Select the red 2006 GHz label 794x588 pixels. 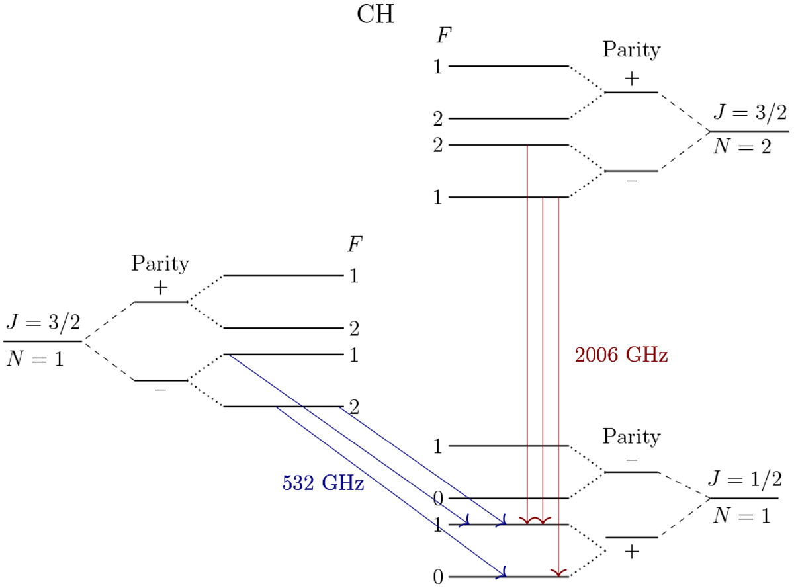[x=621, y=355]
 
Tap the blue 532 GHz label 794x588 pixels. [x=323, y=483]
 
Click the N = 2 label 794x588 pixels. [x=742, y=147]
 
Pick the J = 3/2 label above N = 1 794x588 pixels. [x=43, y=323]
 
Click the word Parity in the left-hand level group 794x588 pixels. [x=160, y=263]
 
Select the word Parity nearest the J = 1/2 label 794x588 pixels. [x=631, y=437]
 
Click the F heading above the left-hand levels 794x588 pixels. [x=355, y=244]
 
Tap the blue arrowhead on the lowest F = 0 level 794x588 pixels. [x=504, y=571]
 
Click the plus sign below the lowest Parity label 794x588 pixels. [x=631, y=552]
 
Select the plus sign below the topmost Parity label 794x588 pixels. [x=631, y=79]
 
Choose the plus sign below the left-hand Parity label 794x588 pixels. [x=161, y=288]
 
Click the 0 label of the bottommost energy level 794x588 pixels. [x=438, y=577]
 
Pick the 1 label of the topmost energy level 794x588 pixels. [x=438, y=67]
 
